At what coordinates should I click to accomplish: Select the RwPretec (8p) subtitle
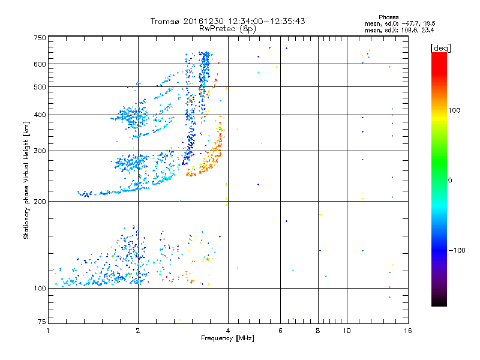[x=228, y=28]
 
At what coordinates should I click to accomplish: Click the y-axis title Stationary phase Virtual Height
[x=26, y=180]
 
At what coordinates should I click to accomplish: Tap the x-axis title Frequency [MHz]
[x=228, y=339]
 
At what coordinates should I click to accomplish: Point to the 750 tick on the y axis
[x=40, y=38]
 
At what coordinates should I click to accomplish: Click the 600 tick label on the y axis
[x=40, y=64]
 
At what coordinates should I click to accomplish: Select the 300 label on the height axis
[x=40, y=151]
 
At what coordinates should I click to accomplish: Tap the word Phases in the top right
[x=390, y=17]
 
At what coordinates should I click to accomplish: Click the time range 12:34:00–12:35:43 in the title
[x=262, y=21]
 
